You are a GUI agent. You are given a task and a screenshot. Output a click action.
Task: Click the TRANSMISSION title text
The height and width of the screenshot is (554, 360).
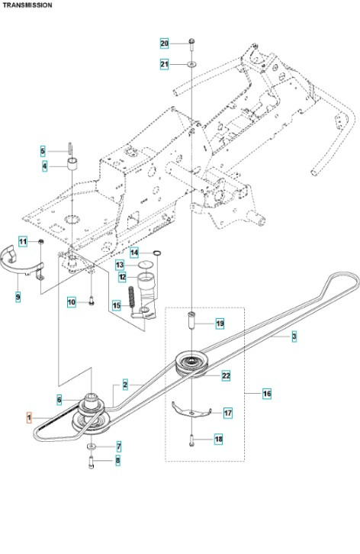click(27, 5)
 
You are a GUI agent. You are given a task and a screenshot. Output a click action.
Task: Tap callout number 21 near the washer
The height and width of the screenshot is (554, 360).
click(164, 65)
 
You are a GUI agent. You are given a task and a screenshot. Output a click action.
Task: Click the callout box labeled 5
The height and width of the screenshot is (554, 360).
click(43, 151)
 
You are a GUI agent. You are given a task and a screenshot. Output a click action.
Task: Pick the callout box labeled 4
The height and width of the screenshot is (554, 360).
click(43, 166)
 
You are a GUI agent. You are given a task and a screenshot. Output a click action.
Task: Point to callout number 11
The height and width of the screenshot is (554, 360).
click(23, 242)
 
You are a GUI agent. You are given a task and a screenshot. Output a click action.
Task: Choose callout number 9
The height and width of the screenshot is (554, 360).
click(18, 296)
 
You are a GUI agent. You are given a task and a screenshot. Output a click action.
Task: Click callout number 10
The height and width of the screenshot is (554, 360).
click(71, 303)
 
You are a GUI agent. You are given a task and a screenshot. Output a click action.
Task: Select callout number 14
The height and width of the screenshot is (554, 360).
click(134, 253)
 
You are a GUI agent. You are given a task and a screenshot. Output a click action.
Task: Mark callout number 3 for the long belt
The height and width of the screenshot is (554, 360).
click(294, 337)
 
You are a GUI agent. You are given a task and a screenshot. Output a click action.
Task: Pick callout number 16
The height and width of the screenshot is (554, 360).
click(267, 394)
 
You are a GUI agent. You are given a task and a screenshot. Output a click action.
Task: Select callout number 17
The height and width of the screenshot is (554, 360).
click(227, 413)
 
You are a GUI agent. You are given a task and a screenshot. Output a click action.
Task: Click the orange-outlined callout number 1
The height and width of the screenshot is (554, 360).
click(30, 418)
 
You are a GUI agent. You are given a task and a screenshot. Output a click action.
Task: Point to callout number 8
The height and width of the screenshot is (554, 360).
click(118, 460)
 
